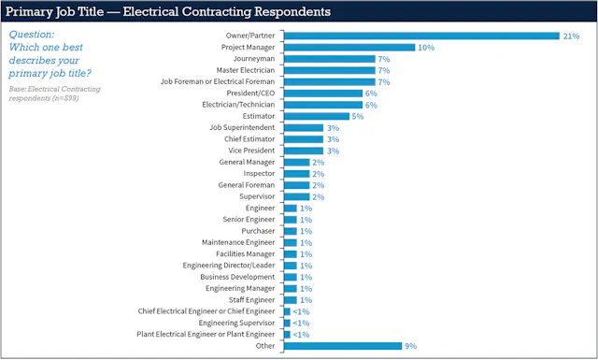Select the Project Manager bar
tap(349, 47)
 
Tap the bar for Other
tap(342, 345)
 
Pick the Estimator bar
tap(316, 116)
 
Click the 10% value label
tap(426, 47)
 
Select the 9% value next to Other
tap(411, 345)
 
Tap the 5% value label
tap(358, 116)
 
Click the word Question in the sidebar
tap(31, 33)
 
